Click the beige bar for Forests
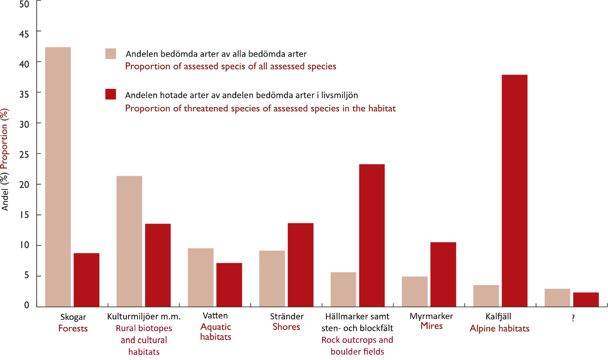coord(58,176)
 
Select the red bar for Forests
coord(86,279)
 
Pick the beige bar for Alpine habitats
coord(486,296)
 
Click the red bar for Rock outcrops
coord(372,235)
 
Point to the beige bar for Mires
coord(415,291)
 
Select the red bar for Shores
coord(300,265)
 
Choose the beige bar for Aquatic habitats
coord(200,277)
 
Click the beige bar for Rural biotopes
coord(129,241)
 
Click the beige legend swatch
coord(111,53)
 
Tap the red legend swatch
coord(111,94)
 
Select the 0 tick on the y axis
coord(27,306)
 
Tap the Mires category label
coord(431,326)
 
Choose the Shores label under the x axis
coord(286,327)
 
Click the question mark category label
coord(573,319)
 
